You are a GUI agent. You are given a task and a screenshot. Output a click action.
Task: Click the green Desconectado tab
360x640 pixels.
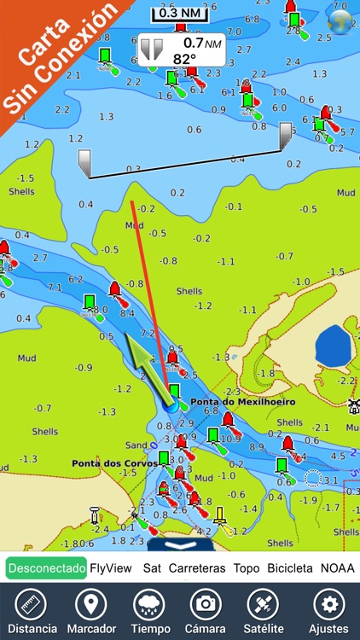tap(46, 567)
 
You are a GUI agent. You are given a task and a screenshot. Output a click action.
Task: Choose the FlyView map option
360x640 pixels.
tap(111, 567)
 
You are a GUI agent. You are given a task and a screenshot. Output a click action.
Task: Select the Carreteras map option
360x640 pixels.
tap(197, 567)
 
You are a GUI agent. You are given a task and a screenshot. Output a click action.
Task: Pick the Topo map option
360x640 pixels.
tap(247, 567)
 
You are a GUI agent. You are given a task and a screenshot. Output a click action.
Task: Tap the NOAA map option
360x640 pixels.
tap(337, 567)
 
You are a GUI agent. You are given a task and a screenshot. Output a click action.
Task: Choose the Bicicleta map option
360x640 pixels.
tap(290, 567)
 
